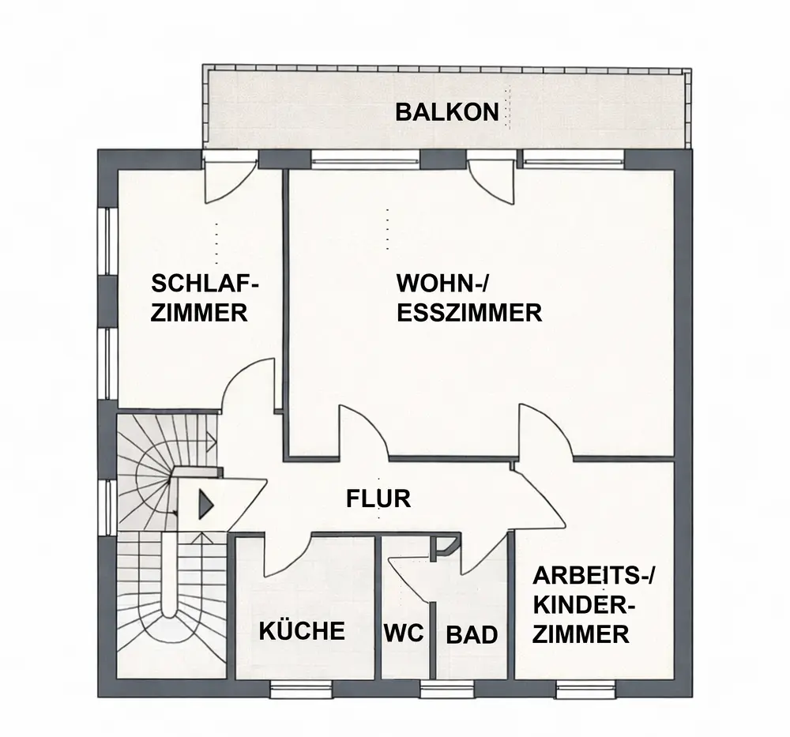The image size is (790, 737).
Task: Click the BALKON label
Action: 447,111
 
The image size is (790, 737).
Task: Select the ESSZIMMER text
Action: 469,312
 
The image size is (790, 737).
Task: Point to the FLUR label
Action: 378,499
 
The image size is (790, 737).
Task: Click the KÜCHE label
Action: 303,631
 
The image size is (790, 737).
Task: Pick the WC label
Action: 404,634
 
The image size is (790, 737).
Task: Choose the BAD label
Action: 472,634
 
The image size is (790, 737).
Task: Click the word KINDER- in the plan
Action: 585,606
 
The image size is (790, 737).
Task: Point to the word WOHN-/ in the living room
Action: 450,283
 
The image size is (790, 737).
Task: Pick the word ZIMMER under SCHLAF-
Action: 199,313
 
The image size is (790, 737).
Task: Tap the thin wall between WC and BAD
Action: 432,632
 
